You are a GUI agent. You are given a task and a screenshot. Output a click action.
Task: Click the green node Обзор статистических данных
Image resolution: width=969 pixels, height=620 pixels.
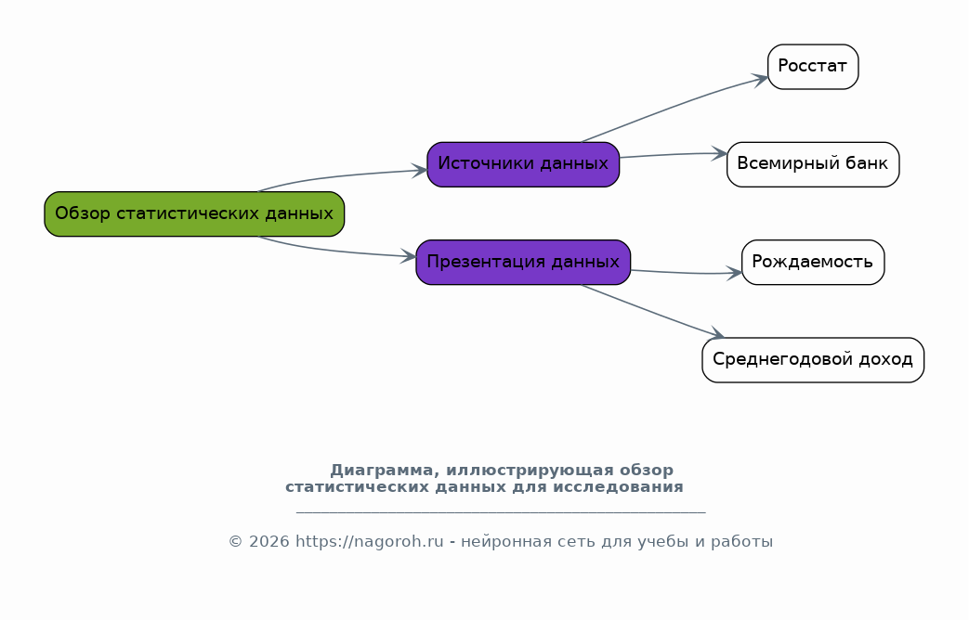[x=194, y=213]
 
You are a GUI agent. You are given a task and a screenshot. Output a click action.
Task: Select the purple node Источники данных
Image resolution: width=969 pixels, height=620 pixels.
[x=523, y=164]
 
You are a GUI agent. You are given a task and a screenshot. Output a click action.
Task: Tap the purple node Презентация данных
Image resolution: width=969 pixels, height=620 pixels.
[x=523, y=263]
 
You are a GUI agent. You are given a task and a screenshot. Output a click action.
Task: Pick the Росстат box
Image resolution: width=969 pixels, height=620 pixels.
[x=813, y=67]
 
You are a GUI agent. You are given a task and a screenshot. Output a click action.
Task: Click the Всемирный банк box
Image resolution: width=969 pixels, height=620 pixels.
[x=813, y=164]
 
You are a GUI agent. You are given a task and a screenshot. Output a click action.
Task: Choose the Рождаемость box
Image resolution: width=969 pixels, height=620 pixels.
[x=813, y=263]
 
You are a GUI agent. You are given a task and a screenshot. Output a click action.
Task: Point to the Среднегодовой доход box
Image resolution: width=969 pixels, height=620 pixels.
[x=813, y=360]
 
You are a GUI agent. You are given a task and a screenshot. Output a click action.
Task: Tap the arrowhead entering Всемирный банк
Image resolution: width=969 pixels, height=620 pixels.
[x=719, y=154]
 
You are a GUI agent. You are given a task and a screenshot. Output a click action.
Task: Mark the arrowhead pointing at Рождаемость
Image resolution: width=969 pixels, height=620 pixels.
[x=734, y=273]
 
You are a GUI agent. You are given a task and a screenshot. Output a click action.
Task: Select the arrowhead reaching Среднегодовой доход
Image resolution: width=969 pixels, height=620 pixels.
[x=717, y=333]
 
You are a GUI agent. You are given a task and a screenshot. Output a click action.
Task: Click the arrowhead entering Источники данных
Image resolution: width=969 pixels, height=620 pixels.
[x=420, y=171]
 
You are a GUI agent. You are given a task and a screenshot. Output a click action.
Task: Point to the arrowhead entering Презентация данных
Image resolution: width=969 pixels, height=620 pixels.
[x=409, y=255]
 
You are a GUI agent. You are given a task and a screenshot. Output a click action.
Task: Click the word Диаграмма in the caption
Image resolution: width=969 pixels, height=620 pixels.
[x=381, y=471]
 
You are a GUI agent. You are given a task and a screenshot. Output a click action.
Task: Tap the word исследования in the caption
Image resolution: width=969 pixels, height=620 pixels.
[x=618, y=487]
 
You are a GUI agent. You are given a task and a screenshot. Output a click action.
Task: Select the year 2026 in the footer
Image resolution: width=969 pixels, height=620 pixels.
[x=268, y=542]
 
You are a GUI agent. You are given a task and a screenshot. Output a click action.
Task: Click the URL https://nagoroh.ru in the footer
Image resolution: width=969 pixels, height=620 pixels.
[x=370, y=542]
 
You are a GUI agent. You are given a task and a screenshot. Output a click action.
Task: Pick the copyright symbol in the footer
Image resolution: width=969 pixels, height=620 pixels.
[x=235, y=542]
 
